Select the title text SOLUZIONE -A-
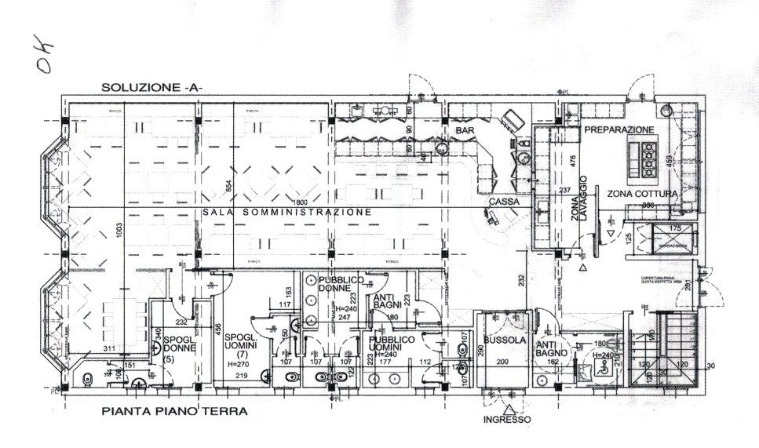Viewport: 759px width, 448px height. [151, 88]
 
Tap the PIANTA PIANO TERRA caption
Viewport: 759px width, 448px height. [174, 411]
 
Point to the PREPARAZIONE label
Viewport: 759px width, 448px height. [618, 129]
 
